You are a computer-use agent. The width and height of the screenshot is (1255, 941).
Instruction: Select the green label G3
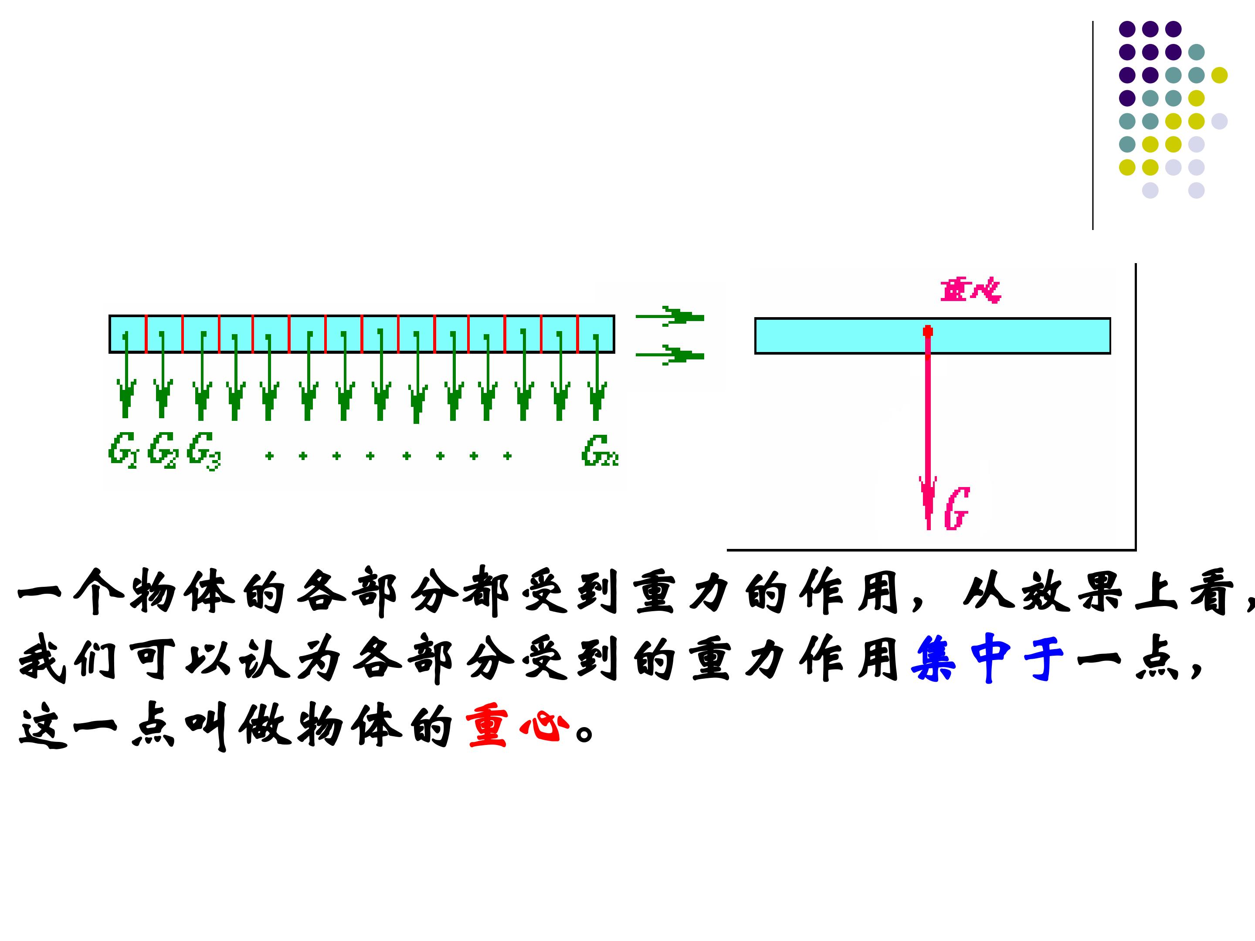(203, 450)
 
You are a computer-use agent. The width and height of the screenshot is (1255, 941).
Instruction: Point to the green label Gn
(599, 450)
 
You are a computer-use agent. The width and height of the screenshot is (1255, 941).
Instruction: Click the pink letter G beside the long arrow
(957, 509)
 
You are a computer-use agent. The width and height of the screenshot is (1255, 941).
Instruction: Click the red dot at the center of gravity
(928, 331)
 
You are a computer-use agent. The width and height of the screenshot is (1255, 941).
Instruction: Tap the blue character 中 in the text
(990, 658)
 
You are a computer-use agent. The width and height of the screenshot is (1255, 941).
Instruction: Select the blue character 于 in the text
(1044, 658)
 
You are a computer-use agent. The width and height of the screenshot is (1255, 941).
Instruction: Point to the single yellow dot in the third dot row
(1219, 75)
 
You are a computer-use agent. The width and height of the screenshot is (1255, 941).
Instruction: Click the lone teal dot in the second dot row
(1196, 52)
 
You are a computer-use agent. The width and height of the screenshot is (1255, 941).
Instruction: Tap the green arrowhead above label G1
(126, 397)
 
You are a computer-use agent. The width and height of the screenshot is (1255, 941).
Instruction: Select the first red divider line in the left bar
(146, 334)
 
